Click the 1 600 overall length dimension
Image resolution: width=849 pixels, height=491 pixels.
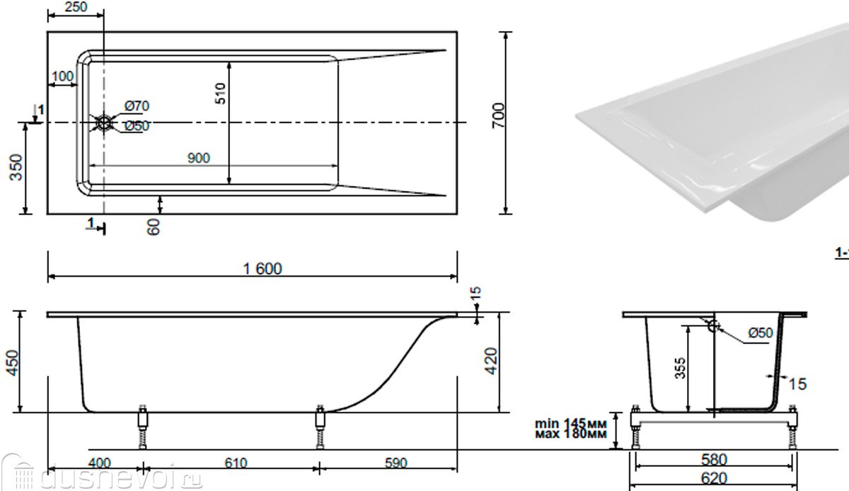point(262,269)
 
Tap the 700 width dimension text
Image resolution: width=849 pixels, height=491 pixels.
point(498,115)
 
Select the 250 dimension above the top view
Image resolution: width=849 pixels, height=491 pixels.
point(76,6)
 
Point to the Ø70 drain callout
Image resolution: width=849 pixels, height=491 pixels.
point(137,106)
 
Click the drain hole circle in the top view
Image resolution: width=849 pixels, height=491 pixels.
point(104,123)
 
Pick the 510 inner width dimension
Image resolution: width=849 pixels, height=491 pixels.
point(220,93)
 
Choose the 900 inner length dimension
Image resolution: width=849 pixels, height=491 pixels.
point(199,158)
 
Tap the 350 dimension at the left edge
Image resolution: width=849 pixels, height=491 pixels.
point(16,167)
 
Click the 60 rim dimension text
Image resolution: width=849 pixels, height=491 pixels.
point(154,226)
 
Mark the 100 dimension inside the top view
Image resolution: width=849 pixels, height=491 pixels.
point(62,76)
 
